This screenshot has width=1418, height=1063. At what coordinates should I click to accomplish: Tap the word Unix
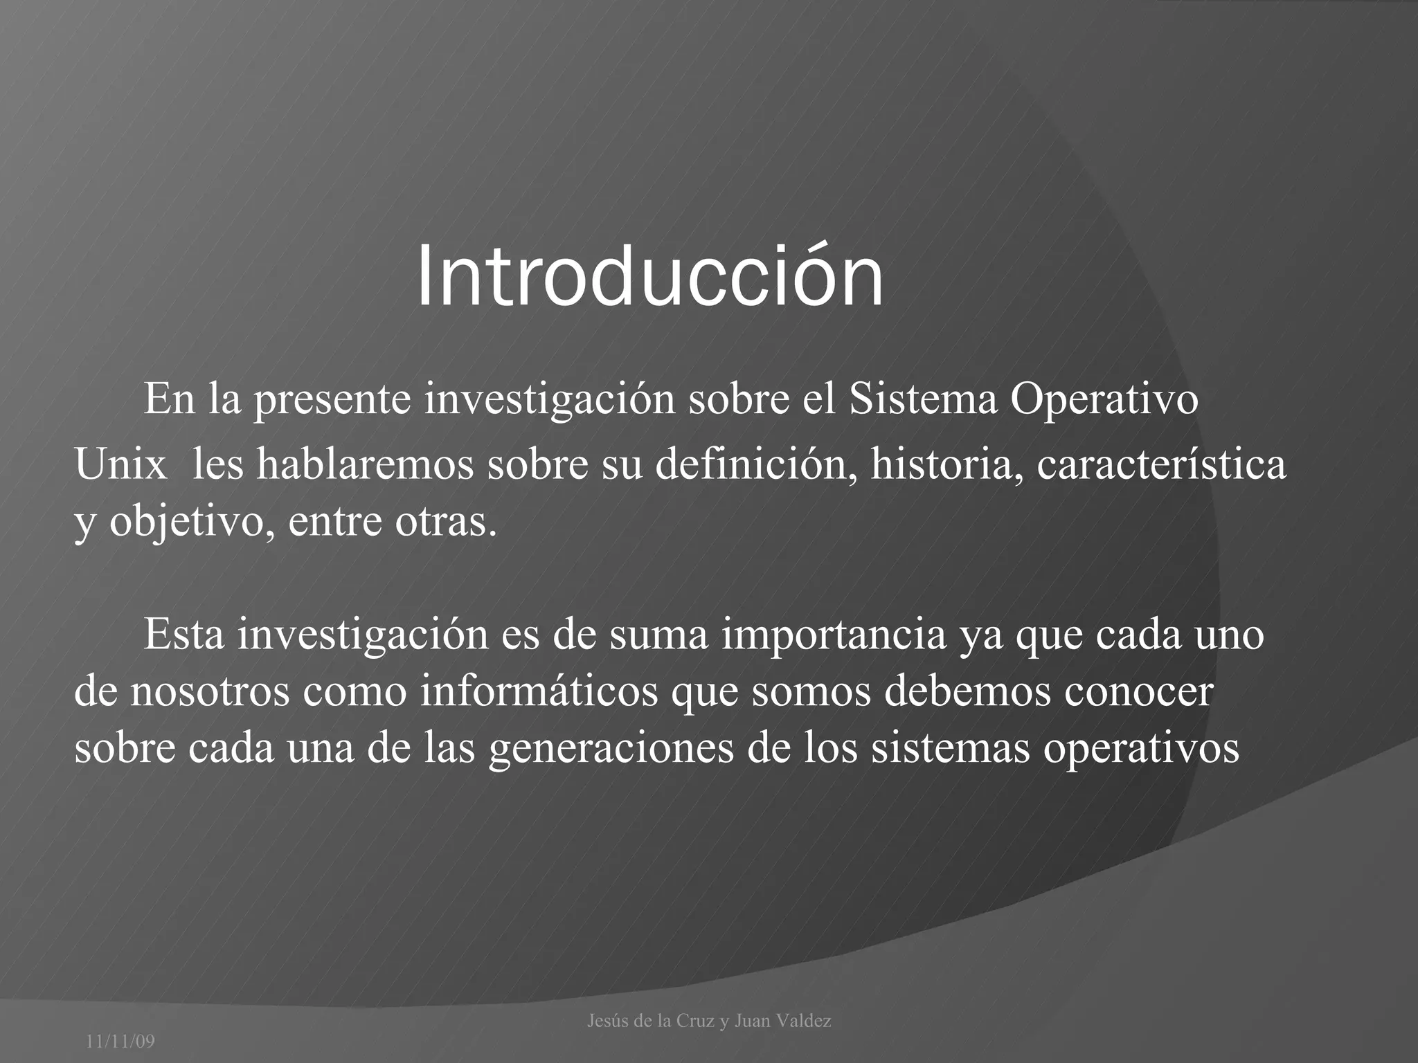[x=120, y=464]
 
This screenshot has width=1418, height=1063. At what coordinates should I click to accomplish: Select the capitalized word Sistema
[x=923, y=399]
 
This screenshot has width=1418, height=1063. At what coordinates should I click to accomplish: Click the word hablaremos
[x=365, y=464]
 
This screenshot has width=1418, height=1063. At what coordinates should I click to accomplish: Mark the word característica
[x=1161, y=464]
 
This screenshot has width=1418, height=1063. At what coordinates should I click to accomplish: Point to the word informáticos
[x=539, y=691]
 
